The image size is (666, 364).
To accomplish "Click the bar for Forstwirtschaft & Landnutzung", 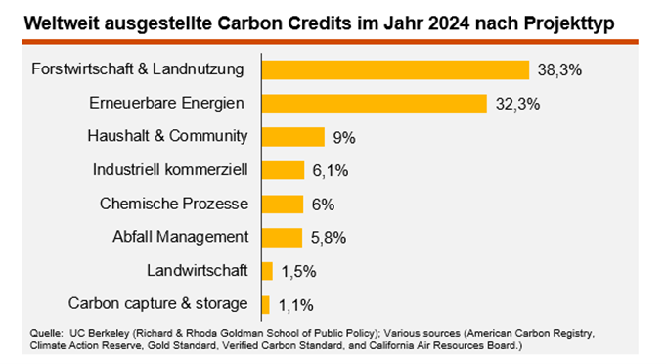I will [x=395, y=70].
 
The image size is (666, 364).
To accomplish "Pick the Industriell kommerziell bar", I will [x=283, y=170].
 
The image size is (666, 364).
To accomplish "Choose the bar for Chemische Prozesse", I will [x=282, y=204].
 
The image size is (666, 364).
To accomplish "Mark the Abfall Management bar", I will [x=282, y=237].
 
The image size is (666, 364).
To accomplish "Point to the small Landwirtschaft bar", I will [x=266, y=270].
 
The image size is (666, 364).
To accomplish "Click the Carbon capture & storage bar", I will [x=265, y=303].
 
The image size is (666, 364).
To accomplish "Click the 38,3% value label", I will [x=558, y=70].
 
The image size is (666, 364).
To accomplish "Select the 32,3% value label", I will [x=515, y=104].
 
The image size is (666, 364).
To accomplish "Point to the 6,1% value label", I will [x=332, y=170].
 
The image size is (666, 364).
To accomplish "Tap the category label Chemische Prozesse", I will [x=174, y=204].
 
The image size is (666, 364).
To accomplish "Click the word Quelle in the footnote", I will [x=49, y=333].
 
